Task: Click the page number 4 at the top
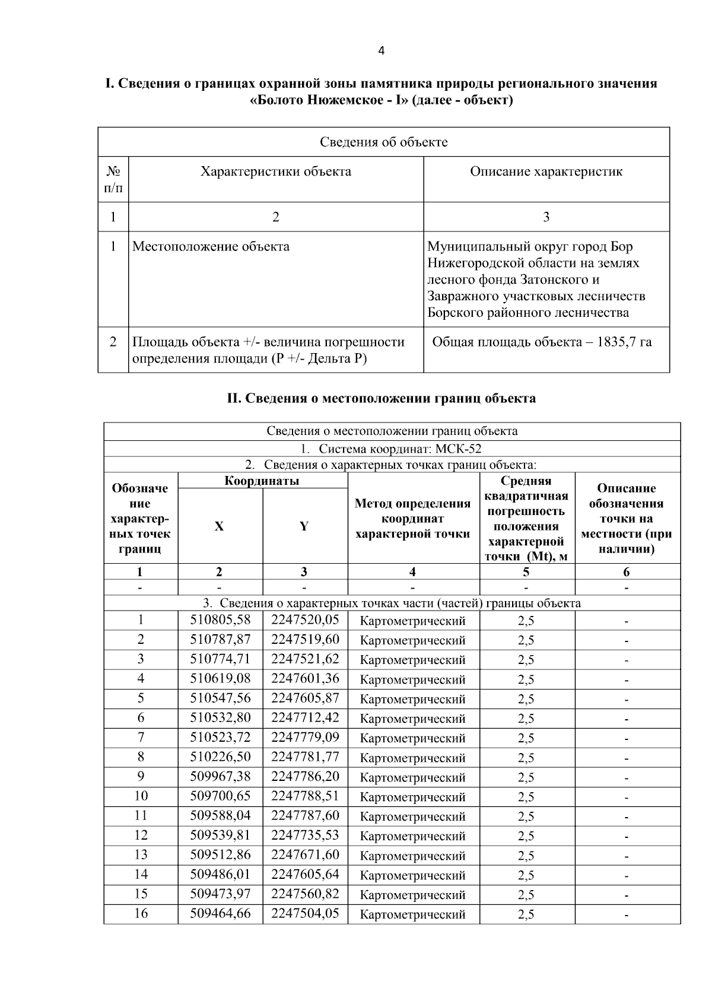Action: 381,51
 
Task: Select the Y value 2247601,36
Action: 305,678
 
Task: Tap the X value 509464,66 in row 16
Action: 220,913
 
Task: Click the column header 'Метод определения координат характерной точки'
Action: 413,518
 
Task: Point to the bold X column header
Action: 220,526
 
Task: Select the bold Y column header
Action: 304,526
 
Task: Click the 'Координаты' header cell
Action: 262,481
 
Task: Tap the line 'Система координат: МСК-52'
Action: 392,449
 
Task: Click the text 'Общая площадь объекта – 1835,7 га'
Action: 542,342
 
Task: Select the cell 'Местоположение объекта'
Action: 211,246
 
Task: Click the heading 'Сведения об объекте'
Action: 383,142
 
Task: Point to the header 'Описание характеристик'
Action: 546,172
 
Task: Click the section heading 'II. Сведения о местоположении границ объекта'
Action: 381,398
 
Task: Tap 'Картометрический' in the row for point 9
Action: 413,777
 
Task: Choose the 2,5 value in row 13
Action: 526,855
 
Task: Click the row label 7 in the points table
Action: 141,738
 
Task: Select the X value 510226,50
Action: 220,757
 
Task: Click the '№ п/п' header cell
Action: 113,180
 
